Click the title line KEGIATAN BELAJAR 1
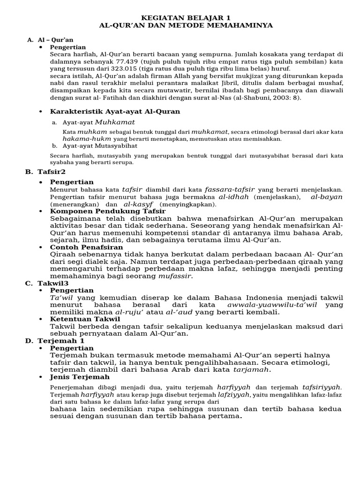(180, 16)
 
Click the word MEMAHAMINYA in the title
(239, 25)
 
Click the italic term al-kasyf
(139, 204)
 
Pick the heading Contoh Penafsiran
(87, 247)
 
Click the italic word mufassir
(176, 276)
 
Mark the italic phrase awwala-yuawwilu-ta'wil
(278, 304)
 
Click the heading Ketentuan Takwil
(85, 319)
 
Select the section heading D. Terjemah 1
(54, 341)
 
